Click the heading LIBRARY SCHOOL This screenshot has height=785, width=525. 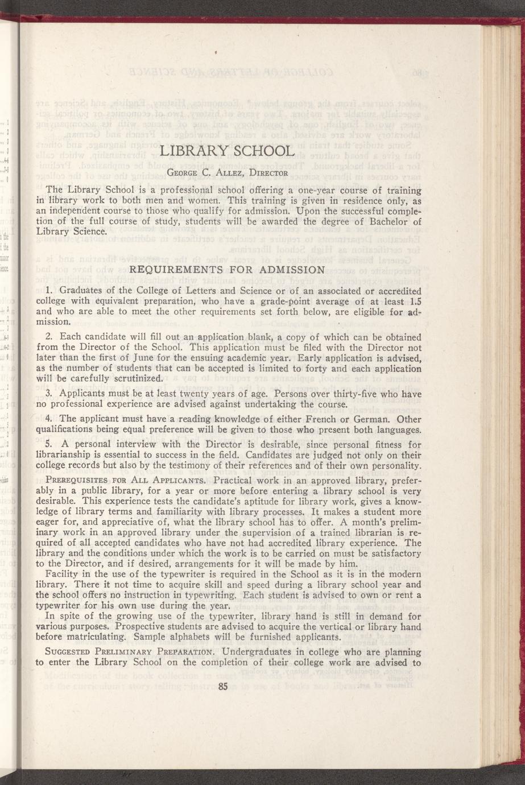point(227,151)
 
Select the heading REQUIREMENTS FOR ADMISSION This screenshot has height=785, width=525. point(228,270)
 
